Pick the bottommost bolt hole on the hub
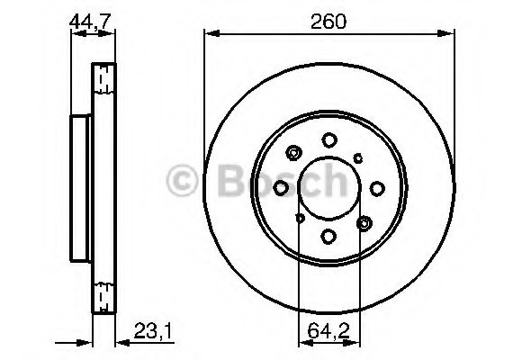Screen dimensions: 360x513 [328, 236]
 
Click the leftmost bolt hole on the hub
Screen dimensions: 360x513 [281, 187]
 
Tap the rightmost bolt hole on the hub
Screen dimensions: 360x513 [377, 187]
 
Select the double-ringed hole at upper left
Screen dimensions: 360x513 [293, 153]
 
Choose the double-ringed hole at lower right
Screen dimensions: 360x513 [364, 221]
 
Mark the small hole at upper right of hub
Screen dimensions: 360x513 [358, 157]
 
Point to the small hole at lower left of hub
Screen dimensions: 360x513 [299, 218]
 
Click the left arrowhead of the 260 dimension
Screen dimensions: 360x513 [210, 34]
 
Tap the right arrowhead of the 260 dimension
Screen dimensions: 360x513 [447, 34]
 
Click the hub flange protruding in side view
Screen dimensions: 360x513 [79, 187]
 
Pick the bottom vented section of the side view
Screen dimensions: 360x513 [104, 292]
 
